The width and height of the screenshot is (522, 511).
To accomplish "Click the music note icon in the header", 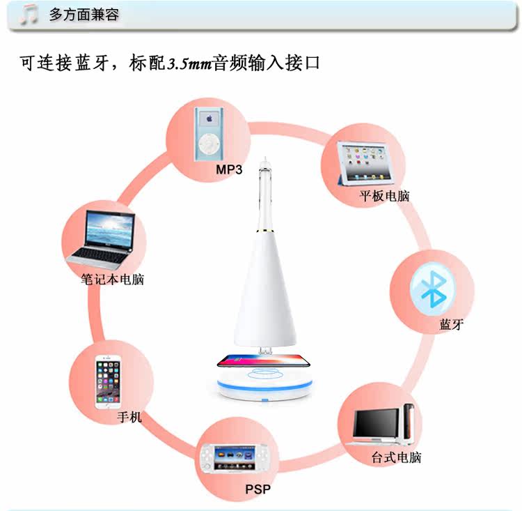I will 29,15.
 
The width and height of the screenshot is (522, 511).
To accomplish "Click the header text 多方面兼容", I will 84,15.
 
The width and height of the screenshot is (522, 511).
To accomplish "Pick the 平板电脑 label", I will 384,196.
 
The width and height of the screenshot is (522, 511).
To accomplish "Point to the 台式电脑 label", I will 395,458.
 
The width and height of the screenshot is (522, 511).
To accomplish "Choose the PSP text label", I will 257,489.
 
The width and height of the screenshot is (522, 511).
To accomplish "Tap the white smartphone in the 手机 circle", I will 108,383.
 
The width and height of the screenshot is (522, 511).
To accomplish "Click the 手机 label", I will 129,417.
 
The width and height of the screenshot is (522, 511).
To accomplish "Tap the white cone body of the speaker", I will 264,293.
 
